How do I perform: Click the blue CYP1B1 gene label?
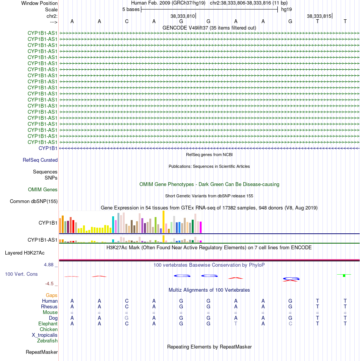pyautogui.click(x=48, y=148)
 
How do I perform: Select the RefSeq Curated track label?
pyautogui.click(x=40, y=160)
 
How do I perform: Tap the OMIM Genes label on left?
pyautogui.click(x=42, y=189)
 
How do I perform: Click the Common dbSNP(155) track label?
pyautogui.click(x=34, y=201)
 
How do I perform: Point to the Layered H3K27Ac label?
pyautogui.click(x=25, y=253)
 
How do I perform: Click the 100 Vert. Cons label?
pyautogui.click(x=21, y=274)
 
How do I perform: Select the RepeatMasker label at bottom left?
pyautogui.click(x=42, y=352)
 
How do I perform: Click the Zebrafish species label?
pyautogui.click(x=47, y=341)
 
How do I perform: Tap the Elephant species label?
pyautogui.click(x=48, y=324)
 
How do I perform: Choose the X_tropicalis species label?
pyautogui.click(x=45, y=335)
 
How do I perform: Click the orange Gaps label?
pyautogui.click(x=52, y=295)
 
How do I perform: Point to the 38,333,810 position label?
pyautogui.click(x=183, y=16)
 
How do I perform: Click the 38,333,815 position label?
pyautogui.click(x=319, y=16)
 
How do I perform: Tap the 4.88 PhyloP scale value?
pyautogui.click(x=49, y=265)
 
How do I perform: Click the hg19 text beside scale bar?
pyautogui.click(x=286, y=9)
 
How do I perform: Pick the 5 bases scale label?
pyautogui.click(x=131, y=9)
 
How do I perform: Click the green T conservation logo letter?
pyautogui.click(x=344, y=275)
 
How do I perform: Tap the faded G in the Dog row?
pyautogui.click(x=127, y=318)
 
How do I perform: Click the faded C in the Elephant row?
pyautogui.click(x=290, y=324)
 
